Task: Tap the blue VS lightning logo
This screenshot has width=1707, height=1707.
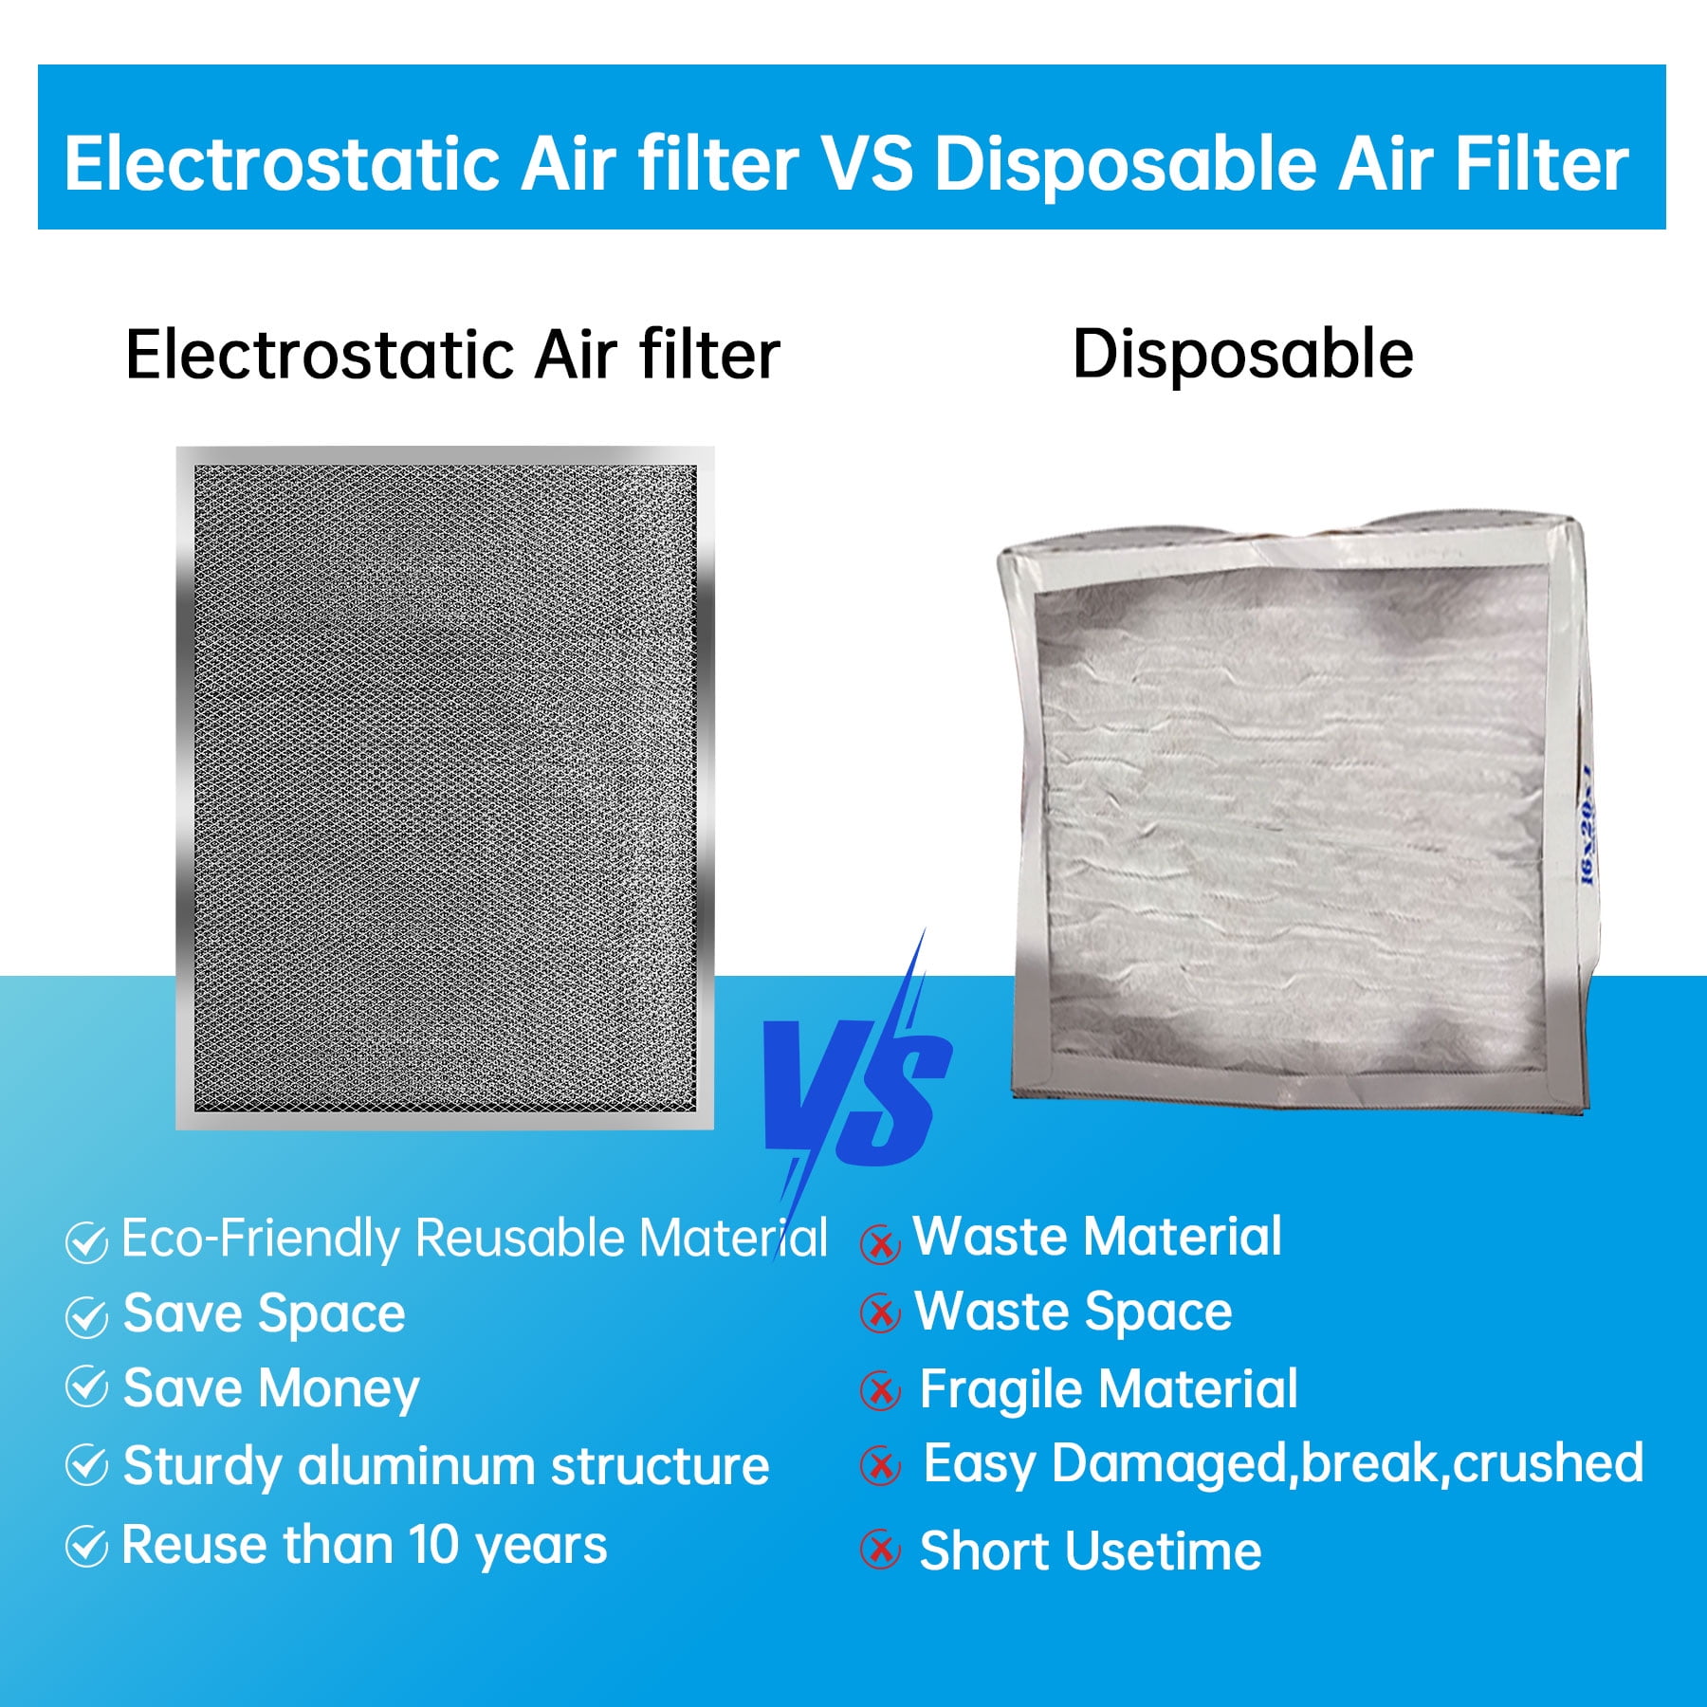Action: click(x=858, y=1091)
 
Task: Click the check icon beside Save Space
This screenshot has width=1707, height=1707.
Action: click(x=86, y=1316)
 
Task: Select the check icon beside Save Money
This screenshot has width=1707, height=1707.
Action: click(x=86, y=1387)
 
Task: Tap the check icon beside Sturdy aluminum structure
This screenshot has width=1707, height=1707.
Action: click(x=86, y=1465)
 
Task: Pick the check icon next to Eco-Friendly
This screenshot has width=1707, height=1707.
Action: click(x=86, y=1242)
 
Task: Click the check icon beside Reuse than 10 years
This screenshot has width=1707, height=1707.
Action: click(x=86, y=1547)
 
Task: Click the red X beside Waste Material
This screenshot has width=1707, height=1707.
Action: click(x=880, y=1243)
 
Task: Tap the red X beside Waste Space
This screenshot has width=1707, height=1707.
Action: click(x=880, y=1313)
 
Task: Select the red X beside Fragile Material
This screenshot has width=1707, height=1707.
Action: click(x=880, y=1391)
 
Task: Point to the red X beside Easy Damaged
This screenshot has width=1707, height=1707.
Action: click(x=880, y=1466)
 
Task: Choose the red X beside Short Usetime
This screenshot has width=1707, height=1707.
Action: click(x=880, y=1550)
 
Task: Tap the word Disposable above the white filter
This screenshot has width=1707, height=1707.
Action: click(x=1242, y=355)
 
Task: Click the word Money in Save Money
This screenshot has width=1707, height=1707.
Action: click(x=339, y=1390)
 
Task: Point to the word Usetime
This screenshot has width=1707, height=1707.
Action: click(x=1166, y=1551)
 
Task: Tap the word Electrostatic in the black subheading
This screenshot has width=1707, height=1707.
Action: click(x=321, y=355)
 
